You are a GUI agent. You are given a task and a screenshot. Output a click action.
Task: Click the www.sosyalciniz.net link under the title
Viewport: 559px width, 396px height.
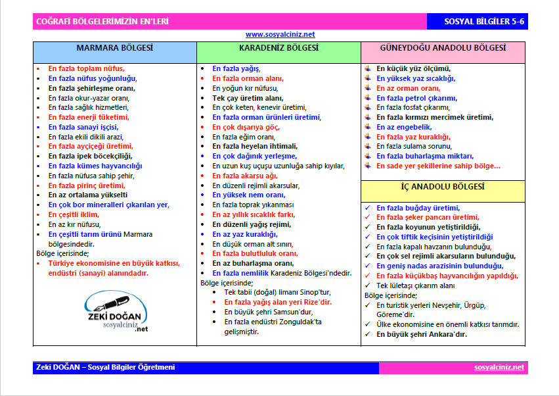280,34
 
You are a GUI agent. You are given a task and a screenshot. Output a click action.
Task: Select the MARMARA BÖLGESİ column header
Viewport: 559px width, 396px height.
114,49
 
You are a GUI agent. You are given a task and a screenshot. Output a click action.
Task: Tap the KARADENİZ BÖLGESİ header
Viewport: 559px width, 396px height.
279,48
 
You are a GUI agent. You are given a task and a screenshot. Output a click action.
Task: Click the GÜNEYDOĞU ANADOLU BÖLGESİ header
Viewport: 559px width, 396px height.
443,48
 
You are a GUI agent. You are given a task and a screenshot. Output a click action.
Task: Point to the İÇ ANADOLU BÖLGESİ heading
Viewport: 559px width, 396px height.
443,187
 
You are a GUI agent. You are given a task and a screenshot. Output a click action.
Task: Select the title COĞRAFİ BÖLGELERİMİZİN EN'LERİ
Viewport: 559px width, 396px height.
102,22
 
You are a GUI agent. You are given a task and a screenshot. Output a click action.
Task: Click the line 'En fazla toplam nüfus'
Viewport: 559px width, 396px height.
86,68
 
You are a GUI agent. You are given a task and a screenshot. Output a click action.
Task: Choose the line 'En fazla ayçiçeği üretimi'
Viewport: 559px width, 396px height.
91,146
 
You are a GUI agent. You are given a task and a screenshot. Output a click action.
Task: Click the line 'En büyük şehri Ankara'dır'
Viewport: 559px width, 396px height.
421,334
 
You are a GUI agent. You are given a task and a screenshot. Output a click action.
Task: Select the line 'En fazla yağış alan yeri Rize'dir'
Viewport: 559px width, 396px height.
278,302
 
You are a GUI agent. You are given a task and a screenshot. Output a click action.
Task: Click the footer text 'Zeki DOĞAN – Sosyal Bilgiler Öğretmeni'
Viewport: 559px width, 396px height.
105,368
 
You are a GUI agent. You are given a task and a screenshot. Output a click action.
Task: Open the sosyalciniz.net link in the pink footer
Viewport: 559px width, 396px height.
499,368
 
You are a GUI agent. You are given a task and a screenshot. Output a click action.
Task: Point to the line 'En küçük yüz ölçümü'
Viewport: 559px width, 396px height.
413,68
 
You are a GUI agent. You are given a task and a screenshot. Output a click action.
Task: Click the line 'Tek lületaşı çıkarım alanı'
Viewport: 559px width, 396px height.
415,286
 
